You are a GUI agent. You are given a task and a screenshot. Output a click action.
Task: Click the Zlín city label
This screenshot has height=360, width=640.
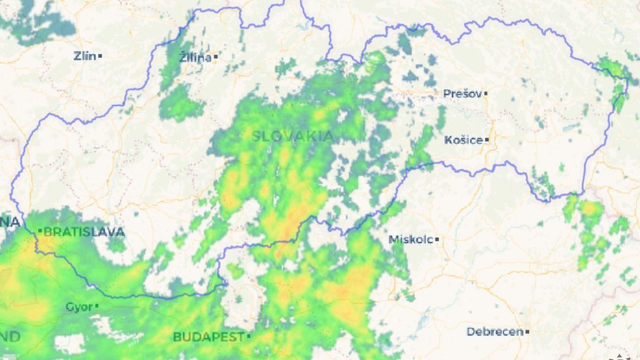click(x=84, y=56)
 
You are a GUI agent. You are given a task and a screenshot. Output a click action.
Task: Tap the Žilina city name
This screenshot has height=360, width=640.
click(x=195, y=57)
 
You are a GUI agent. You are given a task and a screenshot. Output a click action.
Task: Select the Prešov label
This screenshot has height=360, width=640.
click(x=461, y=94)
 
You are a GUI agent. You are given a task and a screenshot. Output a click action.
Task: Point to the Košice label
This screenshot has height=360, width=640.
click(x=464, y=140)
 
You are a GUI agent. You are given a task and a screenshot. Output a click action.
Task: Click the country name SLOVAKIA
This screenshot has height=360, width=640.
click(x=293, y=135)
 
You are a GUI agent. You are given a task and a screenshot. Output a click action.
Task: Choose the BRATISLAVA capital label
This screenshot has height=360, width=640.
click(x=84, y=232)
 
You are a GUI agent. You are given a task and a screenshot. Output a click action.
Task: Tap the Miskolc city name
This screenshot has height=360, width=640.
click(x=410, y=240)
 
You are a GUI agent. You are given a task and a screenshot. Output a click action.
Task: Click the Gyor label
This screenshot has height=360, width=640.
click(x=78, y=306)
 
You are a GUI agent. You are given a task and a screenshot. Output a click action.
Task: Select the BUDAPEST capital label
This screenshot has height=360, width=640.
click(x=209, y=336)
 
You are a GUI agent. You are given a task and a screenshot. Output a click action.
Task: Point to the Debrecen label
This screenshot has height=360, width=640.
click(x=495, y=331)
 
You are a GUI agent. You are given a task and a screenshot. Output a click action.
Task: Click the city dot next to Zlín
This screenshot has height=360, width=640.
click(x=100, y=56)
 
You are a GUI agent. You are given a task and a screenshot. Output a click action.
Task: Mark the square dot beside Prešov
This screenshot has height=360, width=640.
click(x=484, y=94)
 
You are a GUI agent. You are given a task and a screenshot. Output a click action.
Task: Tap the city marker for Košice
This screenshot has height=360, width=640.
click(x=487, y=140)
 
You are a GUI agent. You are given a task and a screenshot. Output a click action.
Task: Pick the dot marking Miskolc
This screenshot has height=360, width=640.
click(x=436, y=240)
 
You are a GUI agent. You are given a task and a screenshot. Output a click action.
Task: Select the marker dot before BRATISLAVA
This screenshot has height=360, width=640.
click(x=40, y=232)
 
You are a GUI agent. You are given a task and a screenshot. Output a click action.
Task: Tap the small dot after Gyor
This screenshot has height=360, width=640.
click(x=96, y=306)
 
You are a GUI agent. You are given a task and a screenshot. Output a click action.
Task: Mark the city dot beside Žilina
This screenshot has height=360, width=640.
click(x=213, y=57)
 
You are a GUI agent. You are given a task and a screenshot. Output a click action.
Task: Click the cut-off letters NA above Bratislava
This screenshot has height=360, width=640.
click(x=10, y=220)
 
